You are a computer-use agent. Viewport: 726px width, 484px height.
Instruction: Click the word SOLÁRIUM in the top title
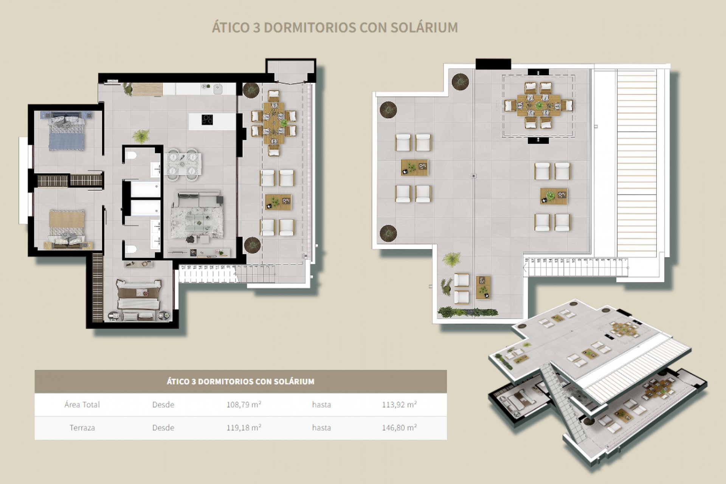(424, 28)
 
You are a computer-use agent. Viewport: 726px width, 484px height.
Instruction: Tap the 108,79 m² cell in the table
(244, 405)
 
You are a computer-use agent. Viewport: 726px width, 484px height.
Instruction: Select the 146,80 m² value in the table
(399, 428)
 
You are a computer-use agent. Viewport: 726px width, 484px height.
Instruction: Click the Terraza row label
(82, 428)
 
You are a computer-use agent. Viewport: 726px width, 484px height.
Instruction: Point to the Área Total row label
(82, 405)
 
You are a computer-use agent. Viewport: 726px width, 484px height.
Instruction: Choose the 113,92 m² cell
(399, 405)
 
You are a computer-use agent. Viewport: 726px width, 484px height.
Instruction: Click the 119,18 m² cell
(244, 428)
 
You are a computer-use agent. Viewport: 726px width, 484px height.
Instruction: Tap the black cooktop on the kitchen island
(207, 119)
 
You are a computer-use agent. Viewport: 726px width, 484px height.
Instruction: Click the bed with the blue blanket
(67, 132)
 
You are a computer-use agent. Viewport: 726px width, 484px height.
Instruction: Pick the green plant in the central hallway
(141, 136)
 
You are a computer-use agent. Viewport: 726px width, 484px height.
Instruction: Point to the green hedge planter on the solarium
(468, 312)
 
